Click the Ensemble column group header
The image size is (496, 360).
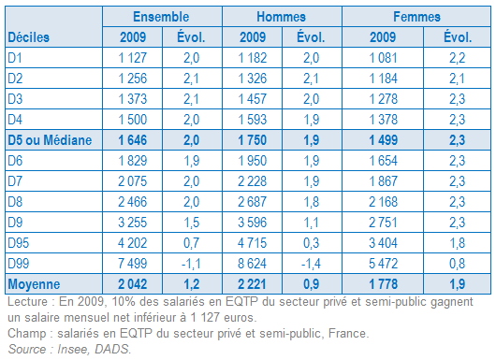[161, 17]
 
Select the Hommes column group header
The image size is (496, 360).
[281, 17]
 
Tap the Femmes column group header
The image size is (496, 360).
[416, 17]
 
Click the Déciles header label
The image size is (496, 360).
[29, 37]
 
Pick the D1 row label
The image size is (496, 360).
[15, 58]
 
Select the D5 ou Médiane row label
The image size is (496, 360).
[50, 140]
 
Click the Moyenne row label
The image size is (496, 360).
[34, 284]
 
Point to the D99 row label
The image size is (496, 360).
[19, 264]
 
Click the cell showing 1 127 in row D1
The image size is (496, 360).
[133, 58]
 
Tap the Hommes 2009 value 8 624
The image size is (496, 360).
[252, 264]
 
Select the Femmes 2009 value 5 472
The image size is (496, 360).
[383, 264]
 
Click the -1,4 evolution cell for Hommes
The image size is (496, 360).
[311, 264]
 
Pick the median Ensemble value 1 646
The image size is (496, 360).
[133, 140]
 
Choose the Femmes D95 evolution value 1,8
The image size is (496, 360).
[457, 243]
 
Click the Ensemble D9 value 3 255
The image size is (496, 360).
[133, 223]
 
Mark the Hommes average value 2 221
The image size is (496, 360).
[252, 284]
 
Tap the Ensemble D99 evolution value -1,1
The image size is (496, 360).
[191, 264]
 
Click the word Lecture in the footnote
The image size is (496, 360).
[27, 301]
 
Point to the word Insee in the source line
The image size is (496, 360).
[71, 349]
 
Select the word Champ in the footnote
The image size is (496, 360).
[27, 334]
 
